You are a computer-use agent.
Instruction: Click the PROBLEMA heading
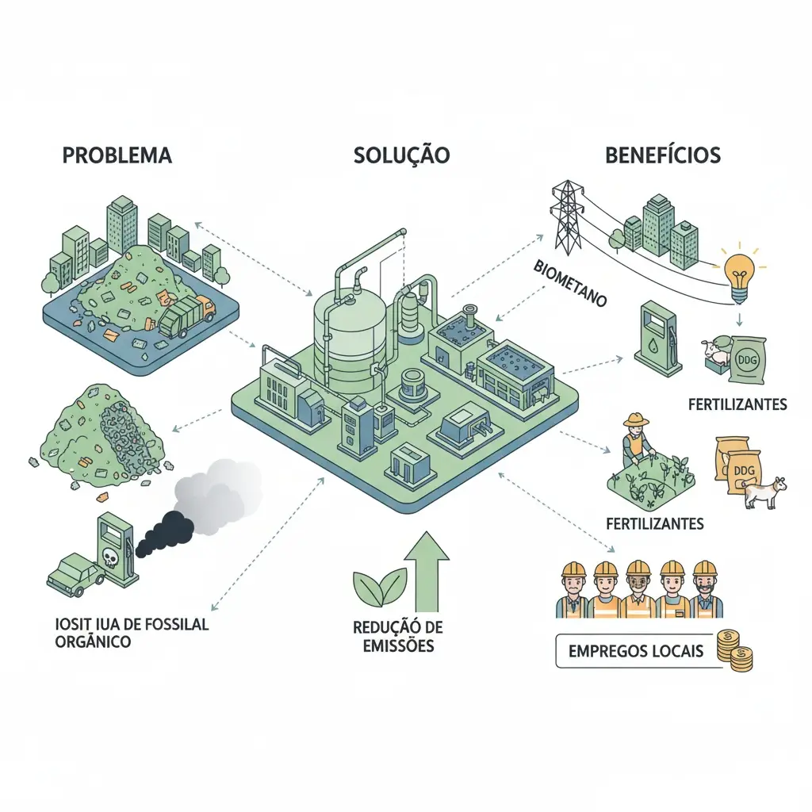117,155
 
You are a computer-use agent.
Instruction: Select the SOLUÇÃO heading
401,155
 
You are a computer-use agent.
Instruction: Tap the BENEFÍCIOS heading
663,155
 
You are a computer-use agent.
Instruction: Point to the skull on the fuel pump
109,560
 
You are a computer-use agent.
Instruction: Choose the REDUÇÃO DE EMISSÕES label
398,636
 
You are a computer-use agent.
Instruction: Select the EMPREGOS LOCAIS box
636,652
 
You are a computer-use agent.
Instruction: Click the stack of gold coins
733,651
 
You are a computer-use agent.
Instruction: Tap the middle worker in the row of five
638,591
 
